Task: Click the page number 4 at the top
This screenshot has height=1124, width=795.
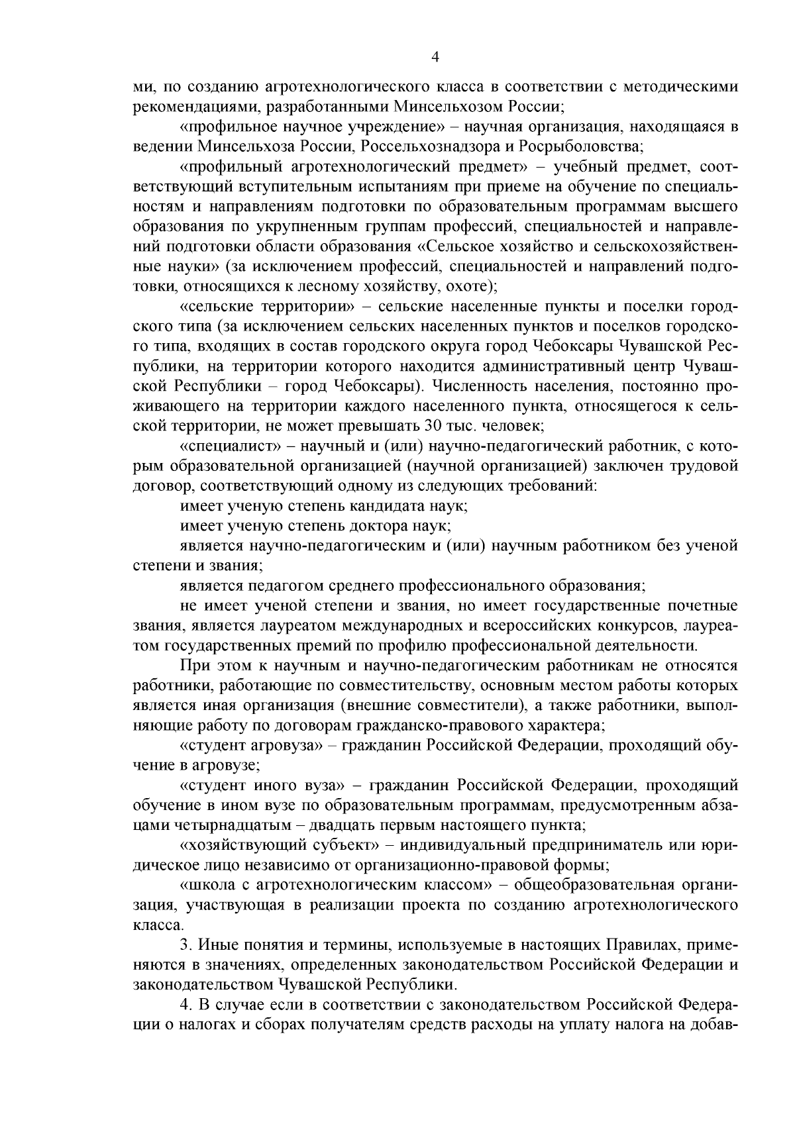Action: tap(435, 57)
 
